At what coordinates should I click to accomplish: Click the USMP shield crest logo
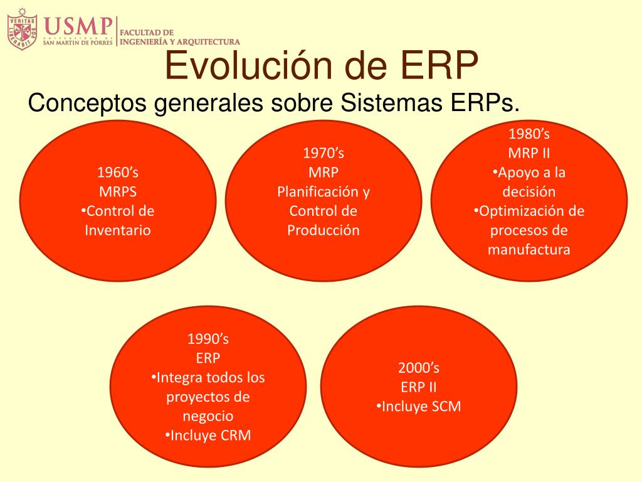pos(22,29)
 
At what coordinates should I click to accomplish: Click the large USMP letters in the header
pos(78,26)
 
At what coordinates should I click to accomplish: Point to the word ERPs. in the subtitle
pos(485,102)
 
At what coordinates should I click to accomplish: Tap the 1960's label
pos(117,172)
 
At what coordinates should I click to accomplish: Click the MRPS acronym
pos(118,191)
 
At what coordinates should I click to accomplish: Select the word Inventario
pos(117,230)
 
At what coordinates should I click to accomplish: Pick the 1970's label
pos(324,153)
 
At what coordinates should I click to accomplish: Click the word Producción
pos(324,230)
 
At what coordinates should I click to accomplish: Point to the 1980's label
pos(529,134)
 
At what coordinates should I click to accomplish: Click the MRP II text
pos(529,153)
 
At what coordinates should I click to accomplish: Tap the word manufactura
pos(529,249)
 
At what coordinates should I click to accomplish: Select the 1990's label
pos(208,338)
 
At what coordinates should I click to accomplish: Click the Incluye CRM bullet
pos(208,435)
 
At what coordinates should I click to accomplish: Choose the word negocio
pos(208,415)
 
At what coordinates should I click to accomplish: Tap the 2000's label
pos(418,368)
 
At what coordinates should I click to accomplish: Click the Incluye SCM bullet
pos(418,406)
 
